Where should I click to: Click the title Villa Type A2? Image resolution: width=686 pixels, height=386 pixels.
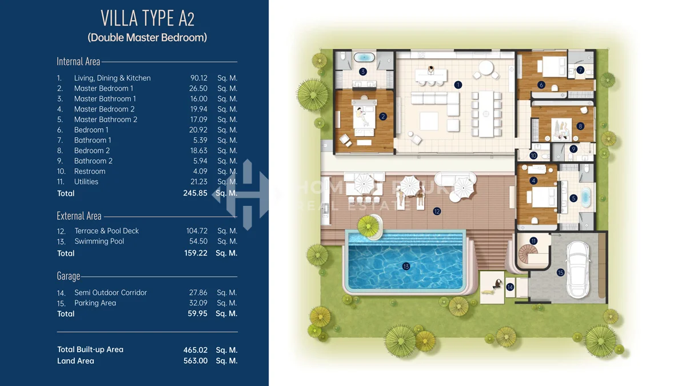click(x=147, y=18)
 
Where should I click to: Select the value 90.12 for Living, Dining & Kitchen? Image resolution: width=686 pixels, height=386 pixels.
click(x=199, y=78)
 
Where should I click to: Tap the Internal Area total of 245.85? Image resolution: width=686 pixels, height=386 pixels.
click(x=195, y=193)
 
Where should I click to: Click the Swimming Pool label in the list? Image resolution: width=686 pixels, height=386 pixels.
click(x=99, y=241)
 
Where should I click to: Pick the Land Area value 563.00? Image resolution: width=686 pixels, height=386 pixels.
click(x=196, y=361)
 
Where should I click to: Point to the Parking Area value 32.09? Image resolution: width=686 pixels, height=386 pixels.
click(x=198, y=303)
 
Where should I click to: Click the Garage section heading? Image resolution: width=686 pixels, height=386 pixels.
click(x=68, y=276)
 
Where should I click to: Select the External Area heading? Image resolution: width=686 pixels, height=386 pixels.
click(x=79, y=216)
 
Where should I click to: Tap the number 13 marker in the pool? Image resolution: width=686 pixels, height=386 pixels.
click(x=406, y=266)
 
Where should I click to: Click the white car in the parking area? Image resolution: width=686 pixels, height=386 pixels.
click(x=578, y=269)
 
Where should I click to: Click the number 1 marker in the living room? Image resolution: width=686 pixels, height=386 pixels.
click(x=458, y=85)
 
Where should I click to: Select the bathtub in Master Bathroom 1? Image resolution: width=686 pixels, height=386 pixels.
click(x=364, y=57)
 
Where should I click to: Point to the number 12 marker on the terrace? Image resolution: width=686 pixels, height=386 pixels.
click(x=437, y=211)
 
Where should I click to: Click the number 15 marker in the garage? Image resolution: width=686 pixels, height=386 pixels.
click(x=560, y=273)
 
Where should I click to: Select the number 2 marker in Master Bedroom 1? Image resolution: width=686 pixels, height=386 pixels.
click(x=383, y=117)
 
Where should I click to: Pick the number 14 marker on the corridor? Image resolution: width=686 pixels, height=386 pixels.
click(x=510, y=287)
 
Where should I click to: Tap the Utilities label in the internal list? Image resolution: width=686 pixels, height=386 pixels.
click(x=86, y=182)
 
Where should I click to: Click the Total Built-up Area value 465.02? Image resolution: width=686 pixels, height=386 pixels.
click(x=196, y=350)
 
